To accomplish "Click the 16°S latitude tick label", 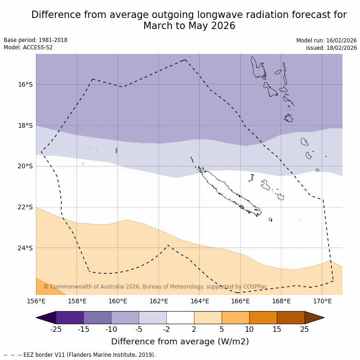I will (x=25, y=84).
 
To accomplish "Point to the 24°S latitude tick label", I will (x=25, y=248).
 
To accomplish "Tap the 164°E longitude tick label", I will (x=200, y=301).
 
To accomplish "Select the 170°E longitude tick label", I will (x=322, y=301).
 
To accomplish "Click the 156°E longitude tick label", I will (x=36, y=301).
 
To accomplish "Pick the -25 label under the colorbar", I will (x=56, y=329).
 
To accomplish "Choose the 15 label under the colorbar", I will (x=277, y=329).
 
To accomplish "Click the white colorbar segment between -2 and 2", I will (x=180, y=318).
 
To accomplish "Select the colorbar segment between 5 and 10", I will (x=236, y=318).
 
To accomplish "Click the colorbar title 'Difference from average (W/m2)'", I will (x=180, y=342).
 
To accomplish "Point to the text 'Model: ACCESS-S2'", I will (x=28, y=47).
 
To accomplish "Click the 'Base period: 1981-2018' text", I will (x=35, y=40).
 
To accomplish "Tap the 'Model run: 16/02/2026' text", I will (x=326, y=41).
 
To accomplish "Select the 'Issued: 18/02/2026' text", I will (x=331, y=48).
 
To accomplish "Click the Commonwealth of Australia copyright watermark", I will (x=155, y=287).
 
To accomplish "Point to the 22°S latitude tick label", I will (x=25, y=207).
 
